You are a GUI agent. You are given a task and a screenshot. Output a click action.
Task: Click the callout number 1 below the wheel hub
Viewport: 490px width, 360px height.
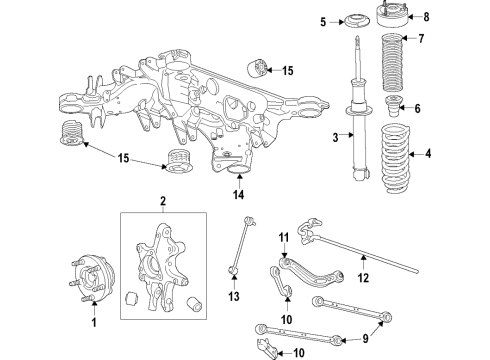point(95,323)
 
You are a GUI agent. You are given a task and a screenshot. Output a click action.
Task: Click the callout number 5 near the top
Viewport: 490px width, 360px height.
point(323,21)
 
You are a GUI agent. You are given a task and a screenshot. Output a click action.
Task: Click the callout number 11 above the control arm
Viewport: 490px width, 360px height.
point(283,236)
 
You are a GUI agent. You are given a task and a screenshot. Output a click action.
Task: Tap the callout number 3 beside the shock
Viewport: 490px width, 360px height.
point(336,138)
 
